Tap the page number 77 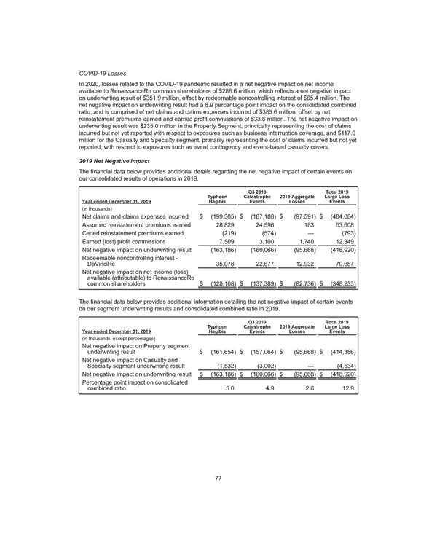point(218,477)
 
